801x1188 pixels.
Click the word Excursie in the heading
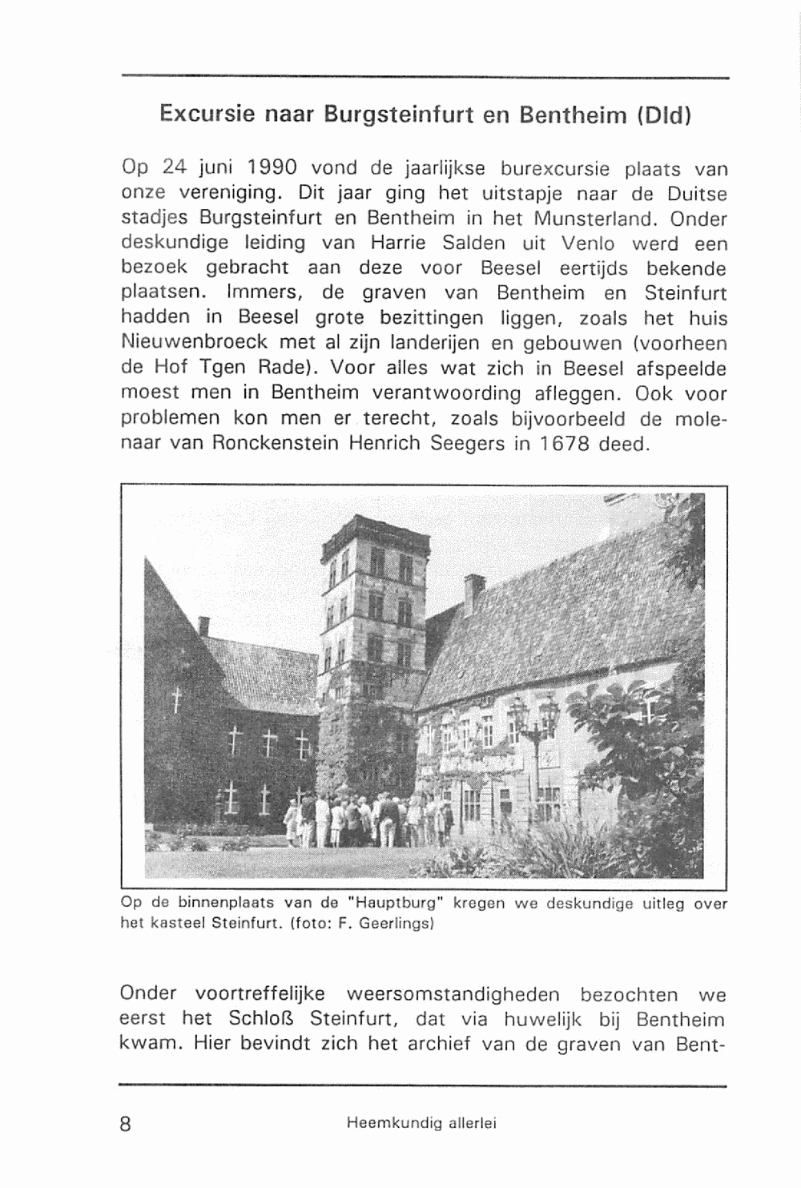tap(206, 113)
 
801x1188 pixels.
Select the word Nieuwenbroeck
tap(195, 344)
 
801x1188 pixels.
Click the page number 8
tap(125, 1123)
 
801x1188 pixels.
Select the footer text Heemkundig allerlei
tap(421, 1124)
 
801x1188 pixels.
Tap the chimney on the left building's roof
tap(203, 625)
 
